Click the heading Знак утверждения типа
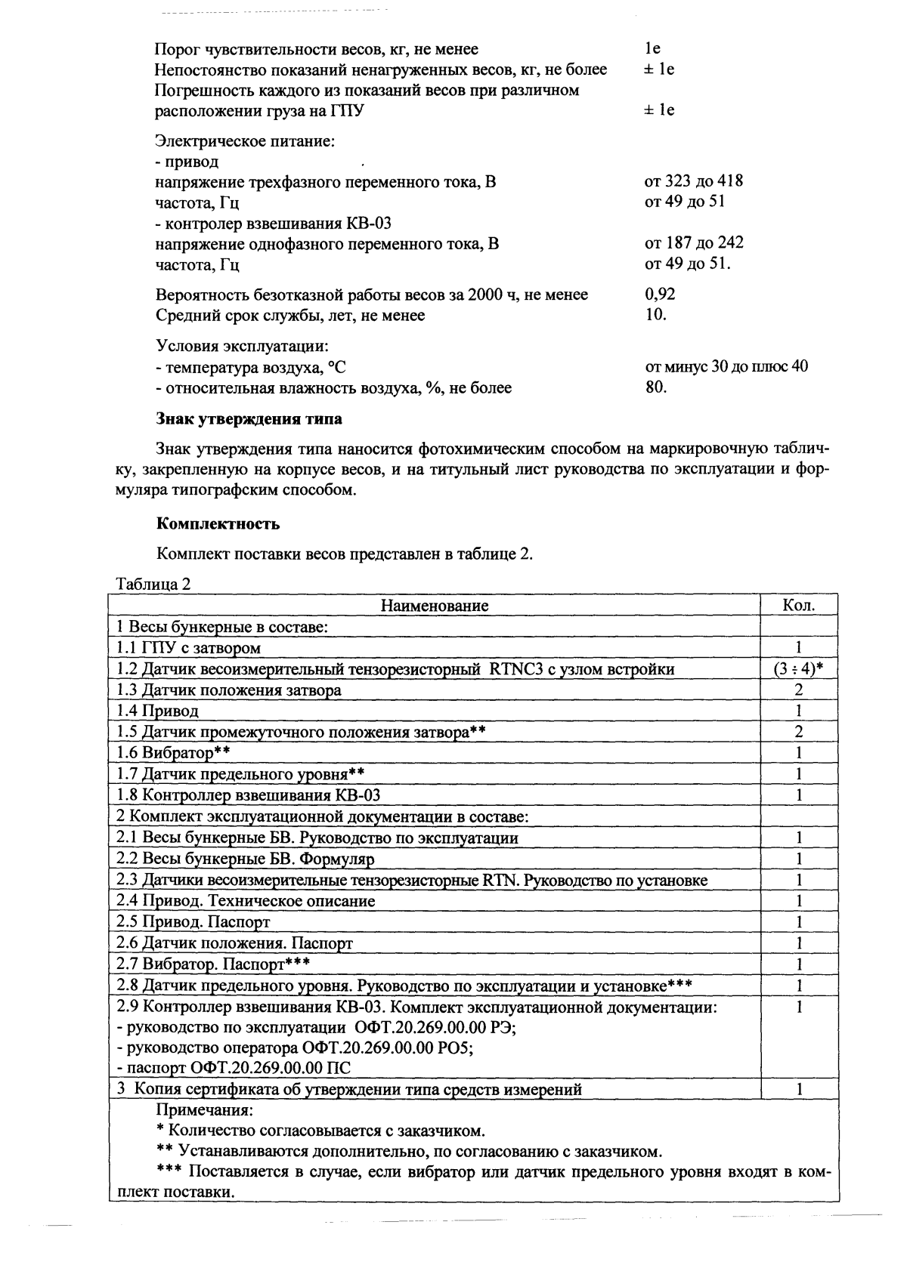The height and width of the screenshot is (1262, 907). pyautogui.click(x=249, y=418)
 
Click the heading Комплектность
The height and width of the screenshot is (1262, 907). pyautogui.click(x=218, y=523)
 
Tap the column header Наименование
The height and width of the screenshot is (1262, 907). pyautogui.click(x=434, y=605)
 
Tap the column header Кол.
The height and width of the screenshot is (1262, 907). pyautogui.click(x=799, y=605)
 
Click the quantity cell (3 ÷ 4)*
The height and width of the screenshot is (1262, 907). pyautogui.click(x=798, y=669)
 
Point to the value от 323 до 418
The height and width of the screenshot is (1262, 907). pyautogui.click(x=693, y=181)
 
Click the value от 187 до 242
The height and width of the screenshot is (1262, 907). pyautogui.click(x=693, y=243)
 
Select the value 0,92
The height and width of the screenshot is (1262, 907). pyautogui.click(x=660, y=294)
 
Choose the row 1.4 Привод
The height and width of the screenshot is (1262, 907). pyautogui.click(x=158, y=711)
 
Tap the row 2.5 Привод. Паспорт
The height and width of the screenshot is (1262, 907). pyautogui.click(x=193, y=922)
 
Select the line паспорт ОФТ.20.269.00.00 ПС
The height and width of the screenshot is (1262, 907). pyautogui.click(x=234, y=1068)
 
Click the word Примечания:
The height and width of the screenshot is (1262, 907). pyautogui.click(x=205, y=1110)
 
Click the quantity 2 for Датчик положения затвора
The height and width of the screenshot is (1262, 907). pyautogui.click(x=798, y=690)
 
